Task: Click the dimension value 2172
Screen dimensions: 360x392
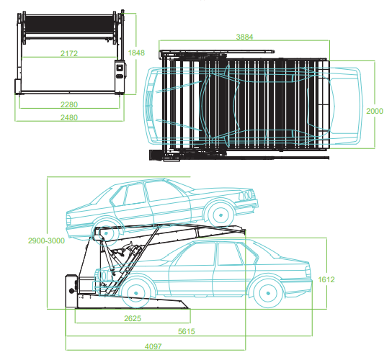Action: [x=69, y=54]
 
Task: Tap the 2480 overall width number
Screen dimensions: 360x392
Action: [x=69, y=117]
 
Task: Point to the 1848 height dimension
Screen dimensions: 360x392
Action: [x=135, y=52]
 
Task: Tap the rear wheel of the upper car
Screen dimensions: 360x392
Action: [x=105, y=232]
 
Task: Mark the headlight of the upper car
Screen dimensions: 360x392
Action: [x=249, y=195]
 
